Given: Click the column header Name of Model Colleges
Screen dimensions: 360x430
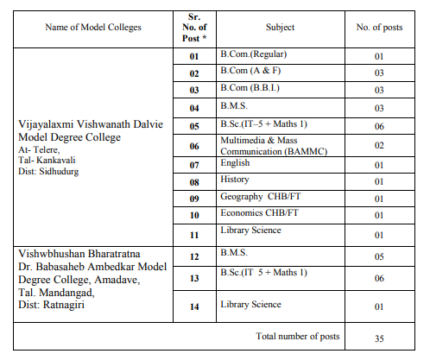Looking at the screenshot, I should (94, 28).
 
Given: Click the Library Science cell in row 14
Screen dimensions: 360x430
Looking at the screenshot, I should (251, 304).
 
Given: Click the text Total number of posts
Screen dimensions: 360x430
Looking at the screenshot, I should (298, 335).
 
